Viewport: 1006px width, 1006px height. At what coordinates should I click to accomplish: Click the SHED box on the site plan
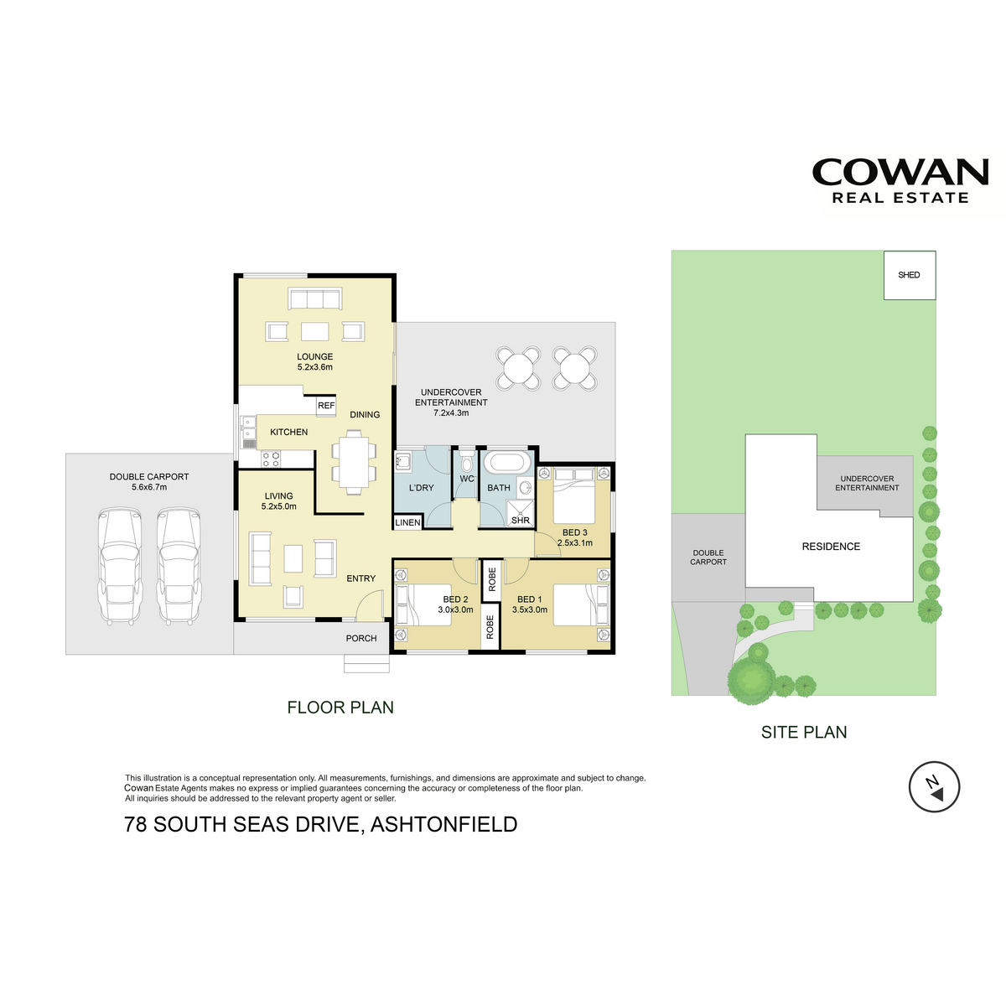click(x=909, y=275)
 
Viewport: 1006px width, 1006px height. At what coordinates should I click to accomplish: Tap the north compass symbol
click(x=934, y=786)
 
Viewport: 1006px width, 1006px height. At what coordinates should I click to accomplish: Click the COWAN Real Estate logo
click(x=900, y=180)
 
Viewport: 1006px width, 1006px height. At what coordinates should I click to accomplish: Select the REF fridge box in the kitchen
click(x=326, y=406)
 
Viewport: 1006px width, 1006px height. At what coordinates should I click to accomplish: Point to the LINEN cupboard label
click(x=407, y=522)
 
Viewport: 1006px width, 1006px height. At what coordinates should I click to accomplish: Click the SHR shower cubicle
click(x=520, y=514)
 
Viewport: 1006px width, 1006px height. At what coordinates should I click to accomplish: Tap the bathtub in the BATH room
click(x=507, y=463)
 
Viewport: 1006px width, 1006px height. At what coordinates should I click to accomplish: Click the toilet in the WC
click(x=467, y=463)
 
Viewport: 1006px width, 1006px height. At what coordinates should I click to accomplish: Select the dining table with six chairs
click(x=354, y=463)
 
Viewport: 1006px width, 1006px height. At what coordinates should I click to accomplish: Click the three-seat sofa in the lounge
click(x=315, y=299)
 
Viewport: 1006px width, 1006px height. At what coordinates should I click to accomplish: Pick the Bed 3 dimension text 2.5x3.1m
click(x=575, y=543)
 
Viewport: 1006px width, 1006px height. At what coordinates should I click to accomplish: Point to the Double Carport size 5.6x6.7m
click(x=149, y=487)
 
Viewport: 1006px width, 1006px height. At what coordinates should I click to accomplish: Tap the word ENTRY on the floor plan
click(x=361, y=578)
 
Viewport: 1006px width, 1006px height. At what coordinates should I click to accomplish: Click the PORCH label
click(x=361, y=639)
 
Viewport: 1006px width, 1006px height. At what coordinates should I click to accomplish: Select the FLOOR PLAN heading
click(x=340, y=708)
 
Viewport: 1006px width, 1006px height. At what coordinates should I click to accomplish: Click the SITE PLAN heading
click(x=804, y=732)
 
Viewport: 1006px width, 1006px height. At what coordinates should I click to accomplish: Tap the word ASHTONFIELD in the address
click(x=443, y=824)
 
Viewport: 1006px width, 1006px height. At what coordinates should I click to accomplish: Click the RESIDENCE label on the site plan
click(x=831, y=547)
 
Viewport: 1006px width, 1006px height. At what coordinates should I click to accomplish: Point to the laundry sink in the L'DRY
click(x=403, y=461)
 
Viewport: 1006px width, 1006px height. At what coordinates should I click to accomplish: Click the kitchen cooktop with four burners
click(x=271, y=459)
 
